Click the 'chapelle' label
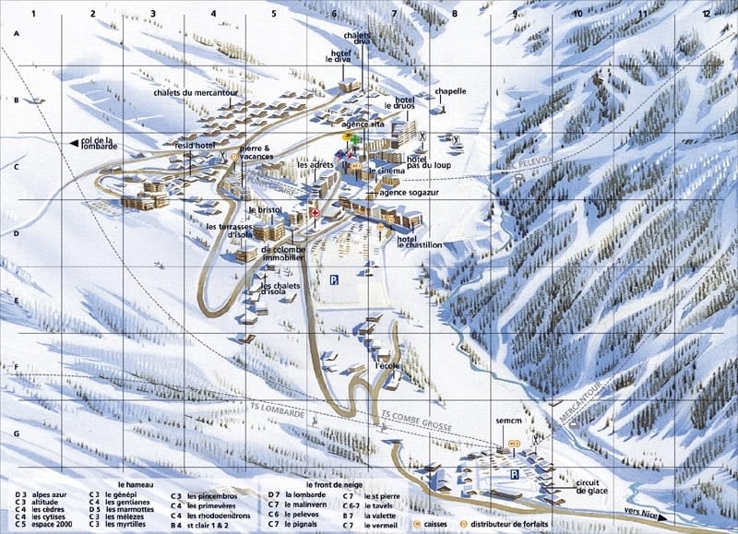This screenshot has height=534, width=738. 450,92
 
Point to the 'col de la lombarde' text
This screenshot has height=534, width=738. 100,144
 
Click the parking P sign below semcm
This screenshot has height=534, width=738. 515,473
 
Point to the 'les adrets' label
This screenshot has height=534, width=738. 315,164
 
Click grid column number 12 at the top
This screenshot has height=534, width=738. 706,14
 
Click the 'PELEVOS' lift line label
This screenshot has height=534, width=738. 529,162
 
